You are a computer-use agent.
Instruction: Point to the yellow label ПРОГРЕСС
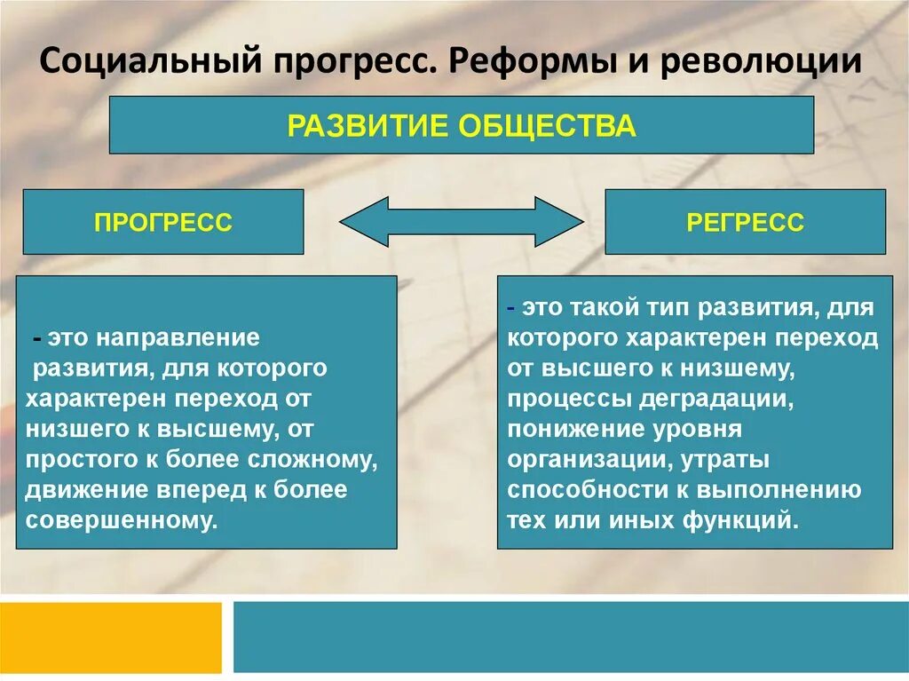[162, 222]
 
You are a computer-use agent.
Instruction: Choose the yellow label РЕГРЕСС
[745, 222]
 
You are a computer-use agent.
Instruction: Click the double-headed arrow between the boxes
[461, 222]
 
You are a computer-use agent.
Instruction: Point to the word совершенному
[122, 520]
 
